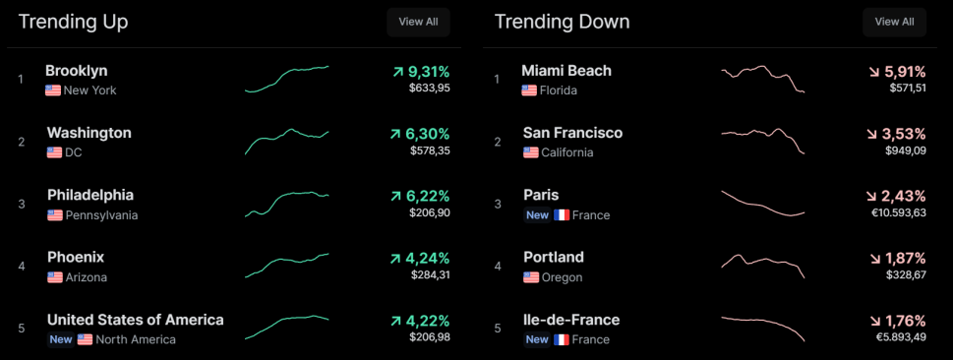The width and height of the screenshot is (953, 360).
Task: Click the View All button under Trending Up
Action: click(x=418, y=22)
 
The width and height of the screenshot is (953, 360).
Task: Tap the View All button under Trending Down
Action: click(x=894, y=22)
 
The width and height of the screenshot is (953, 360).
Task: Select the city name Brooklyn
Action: click(x=77, y=71)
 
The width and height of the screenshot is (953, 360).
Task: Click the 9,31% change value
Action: click(x=428, y=73)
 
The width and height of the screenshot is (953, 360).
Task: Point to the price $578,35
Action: click(x=430, y=150)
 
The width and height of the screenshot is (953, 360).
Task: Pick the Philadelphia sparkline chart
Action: click(x=287, y=204)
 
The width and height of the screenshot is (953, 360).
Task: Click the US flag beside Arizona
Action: click(x=55, y=277)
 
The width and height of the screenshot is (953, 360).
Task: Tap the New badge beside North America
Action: click(x=61, y=339)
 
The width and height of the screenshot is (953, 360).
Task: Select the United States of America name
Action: click(x=136, y=320)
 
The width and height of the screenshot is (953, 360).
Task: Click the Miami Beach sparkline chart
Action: click(x=763, y=79)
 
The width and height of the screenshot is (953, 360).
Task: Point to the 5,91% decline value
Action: click(x=904, y=73)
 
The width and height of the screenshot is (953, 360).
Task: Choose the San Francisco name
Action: click(x=573, y=133)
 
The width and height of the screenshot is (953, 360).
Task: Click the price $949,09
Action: click(x=906, y=150)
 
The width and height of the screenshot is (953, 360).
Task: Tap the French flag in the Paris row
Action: click(x=562, y=215)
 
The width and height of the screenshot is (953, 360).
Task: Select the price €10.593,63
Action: click(x=898, y=212)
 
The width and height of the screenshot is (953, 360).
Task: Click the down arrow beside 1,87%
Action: click(x=874, y=259)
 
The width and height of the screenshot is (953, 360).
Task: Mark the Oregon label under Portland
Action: click(x=563, y=277)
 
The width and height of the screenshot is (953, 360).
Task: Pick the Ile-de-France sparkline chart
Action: click(x=763, y=329)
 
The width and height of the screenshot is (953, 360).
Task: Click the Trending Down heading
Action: click(x=563, y=22)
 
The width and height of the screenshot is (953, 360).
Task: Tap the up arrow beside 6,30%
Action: click(x=397, y=135)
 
